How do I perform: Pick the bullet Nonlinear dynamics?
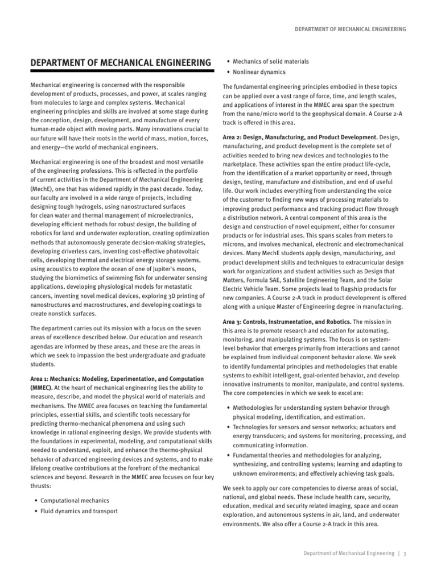point(261,72)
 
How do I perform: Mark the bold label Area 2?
point(235,137)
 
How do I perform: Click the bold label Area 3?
point(235,322)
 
